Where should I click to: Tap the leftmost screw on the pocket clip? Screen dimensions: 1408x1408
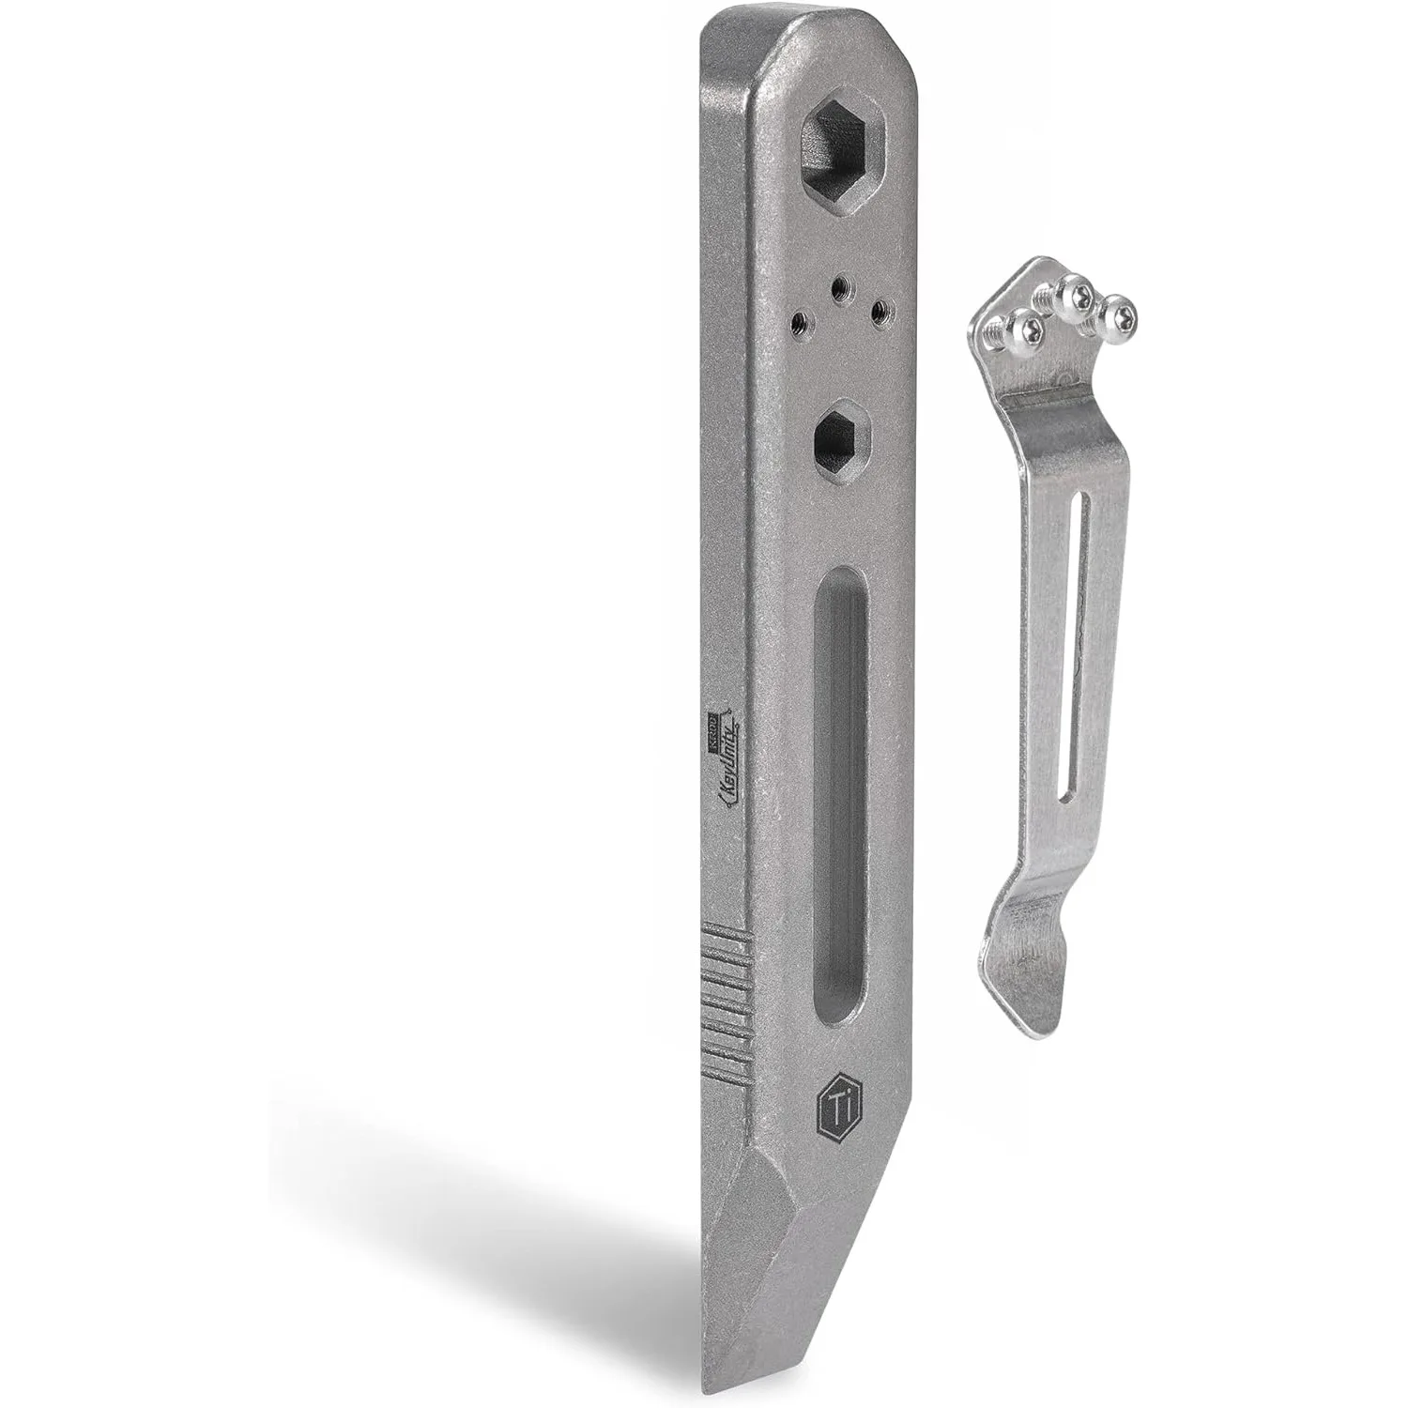pyautogui.click(x=1018, y=329)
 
